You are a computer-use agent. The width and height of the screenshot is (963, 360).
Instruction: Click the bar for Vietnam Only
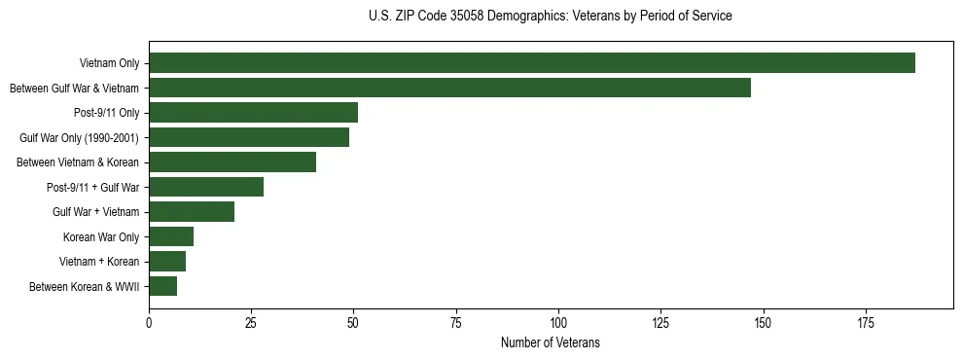532,63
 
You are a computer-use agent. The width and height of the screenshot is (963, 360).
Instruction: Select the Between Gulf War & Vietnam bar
449,88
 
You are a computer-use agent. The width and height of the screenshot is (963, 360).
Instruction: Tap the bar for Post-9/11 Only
253,113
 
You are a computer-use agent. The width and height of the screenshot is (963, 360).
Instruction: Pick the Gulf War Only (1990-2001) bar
249,137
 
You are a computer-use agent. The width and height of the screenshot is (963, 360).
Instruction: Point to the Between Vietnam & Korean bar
232,162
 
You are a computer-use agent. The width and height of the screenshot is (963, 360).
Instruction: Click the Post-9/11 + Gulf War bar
206,187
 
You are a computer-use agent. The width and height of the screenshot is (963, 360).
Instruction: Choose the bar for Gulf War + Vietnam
192,212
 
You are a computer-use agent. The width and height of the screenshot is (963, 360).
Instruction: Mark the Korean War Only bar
171,236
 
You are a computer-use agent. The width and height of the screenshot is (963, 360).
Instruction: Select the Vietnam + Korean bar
167,262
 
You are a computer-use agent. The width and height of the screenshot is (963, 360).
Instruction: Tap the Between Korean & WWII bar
163,286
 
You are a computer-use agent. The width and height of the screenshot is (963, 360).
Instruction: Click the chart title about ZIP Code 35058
551,17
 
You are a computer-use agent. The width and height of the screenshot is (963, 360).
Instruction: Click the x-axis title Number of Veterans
551,343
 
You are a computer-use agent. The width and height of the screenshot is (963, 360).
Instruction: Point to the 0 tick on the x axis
149,321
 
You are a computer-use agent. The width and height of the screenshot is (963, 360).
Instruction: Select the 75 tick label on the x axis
456,321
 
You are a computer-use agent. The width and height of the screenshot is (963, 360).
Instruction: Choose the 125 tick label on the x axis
660,321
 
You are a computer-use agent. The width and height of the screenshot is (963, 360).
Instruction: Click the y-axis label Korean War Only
101,237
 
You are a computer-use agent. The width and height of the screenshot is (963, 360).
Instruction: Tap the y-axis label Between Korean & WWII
85,287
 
